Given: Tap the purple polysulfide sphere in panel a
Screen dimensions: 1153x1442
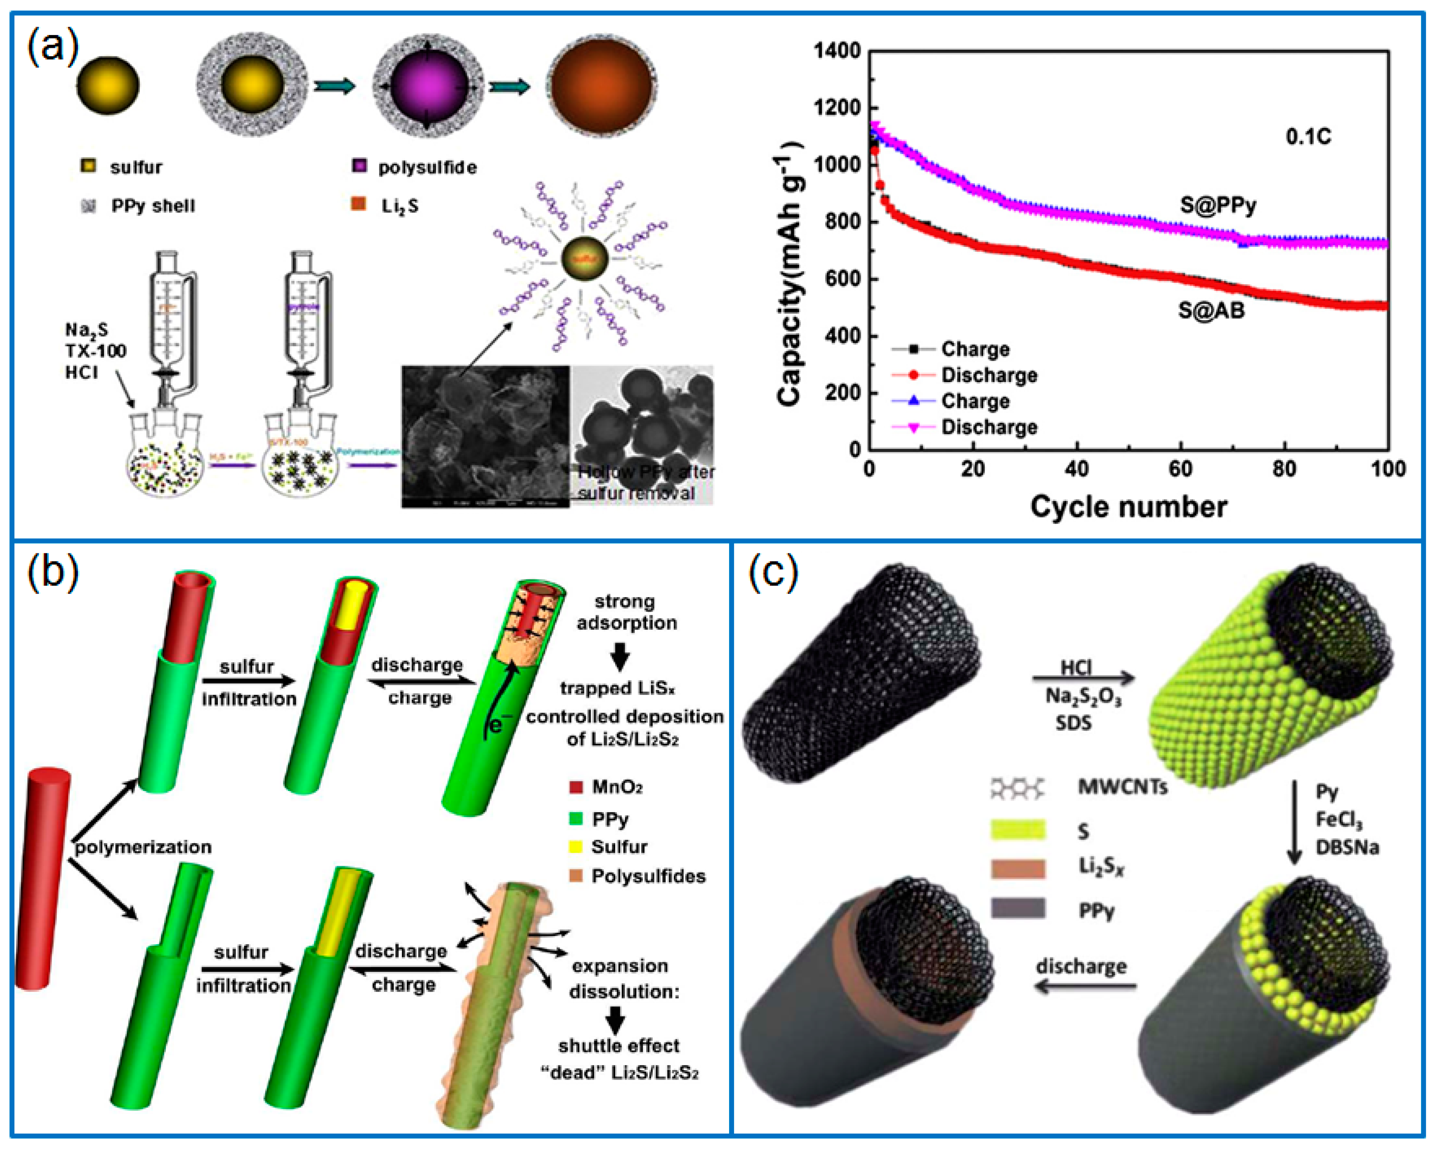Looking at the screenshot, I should [428, 86].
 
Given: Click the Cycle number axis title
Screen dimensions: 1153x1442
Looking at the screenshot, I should [1128, 506].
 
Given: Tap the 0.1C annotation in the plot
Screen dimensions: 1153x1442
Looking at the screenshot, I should [1308, 137].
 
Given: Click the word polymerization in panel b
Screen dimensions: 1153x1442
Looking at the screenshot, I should [143, 847].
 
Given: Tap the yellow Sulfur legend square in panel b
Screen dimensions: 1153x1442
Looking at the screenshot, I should [575, 847].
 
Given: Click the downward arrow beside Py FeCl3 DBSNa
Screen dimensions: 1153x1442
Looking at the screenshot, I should [1295, 822].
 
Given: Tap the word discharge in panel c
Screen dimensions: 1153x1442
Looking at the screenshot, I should [1081, 966].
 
